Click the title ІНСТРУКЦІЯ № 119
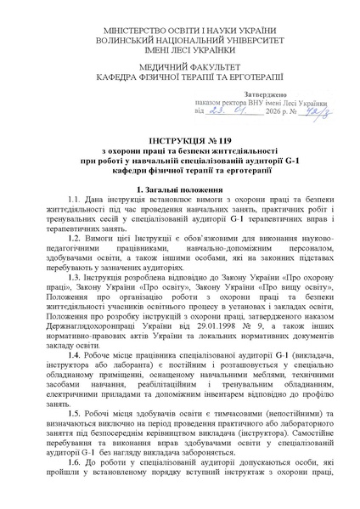pos(179,138)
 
